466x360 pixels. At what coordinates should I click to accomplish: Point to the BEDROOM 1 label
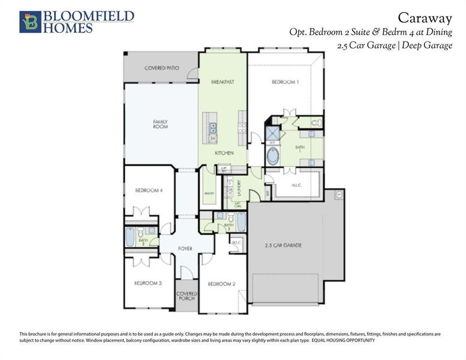[x=284, y=82]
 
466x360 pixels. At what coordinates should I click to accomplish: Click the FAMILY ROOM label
[x=160, y=124]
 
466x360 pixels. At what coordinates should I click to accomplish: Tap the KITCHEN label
[x=224, y=154]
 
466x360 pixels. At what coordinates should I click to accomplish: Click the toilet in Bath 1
[x=317, y=123]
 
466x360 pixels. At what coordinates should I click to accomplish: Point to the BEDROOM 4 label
[x=149, y=190]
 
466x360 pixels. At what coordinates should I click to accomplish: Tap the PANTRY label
[x=209, y=194]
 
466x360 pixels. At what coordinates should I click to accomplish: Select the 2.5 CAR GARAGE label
[x=283, y=245]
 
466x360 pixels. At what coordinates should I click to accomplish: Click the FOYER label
[x=184, y=247]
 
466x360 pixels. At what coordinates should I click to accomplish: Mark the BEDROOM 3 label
[x=148, y=283]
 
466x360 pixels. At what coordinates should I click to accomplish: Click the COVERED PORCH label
[x=187, y=296]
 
